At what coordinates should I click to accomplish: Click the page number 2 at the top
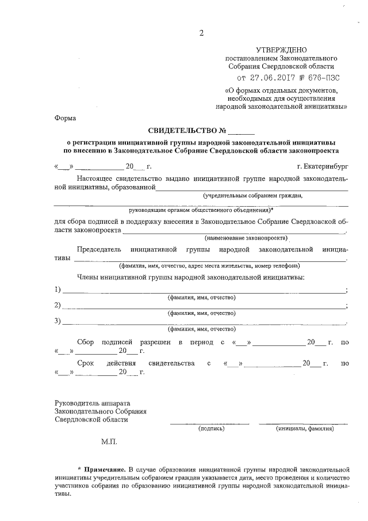[201, 32]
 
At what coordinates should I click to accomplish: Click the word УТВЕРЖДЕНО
[282, 51]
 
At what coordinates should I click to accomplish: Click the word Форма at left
[64, 117]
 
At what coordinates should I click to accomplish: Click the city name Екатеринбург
[323, 166]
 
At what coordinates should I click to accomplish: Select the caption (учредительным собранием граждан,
[252, 195]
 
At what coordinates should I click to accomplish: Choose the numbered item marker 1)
[57, 289]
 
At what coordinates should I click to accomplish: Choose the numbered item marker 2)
[57, 305]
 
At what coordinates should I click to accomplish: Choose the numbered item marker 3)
[57, 321]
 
